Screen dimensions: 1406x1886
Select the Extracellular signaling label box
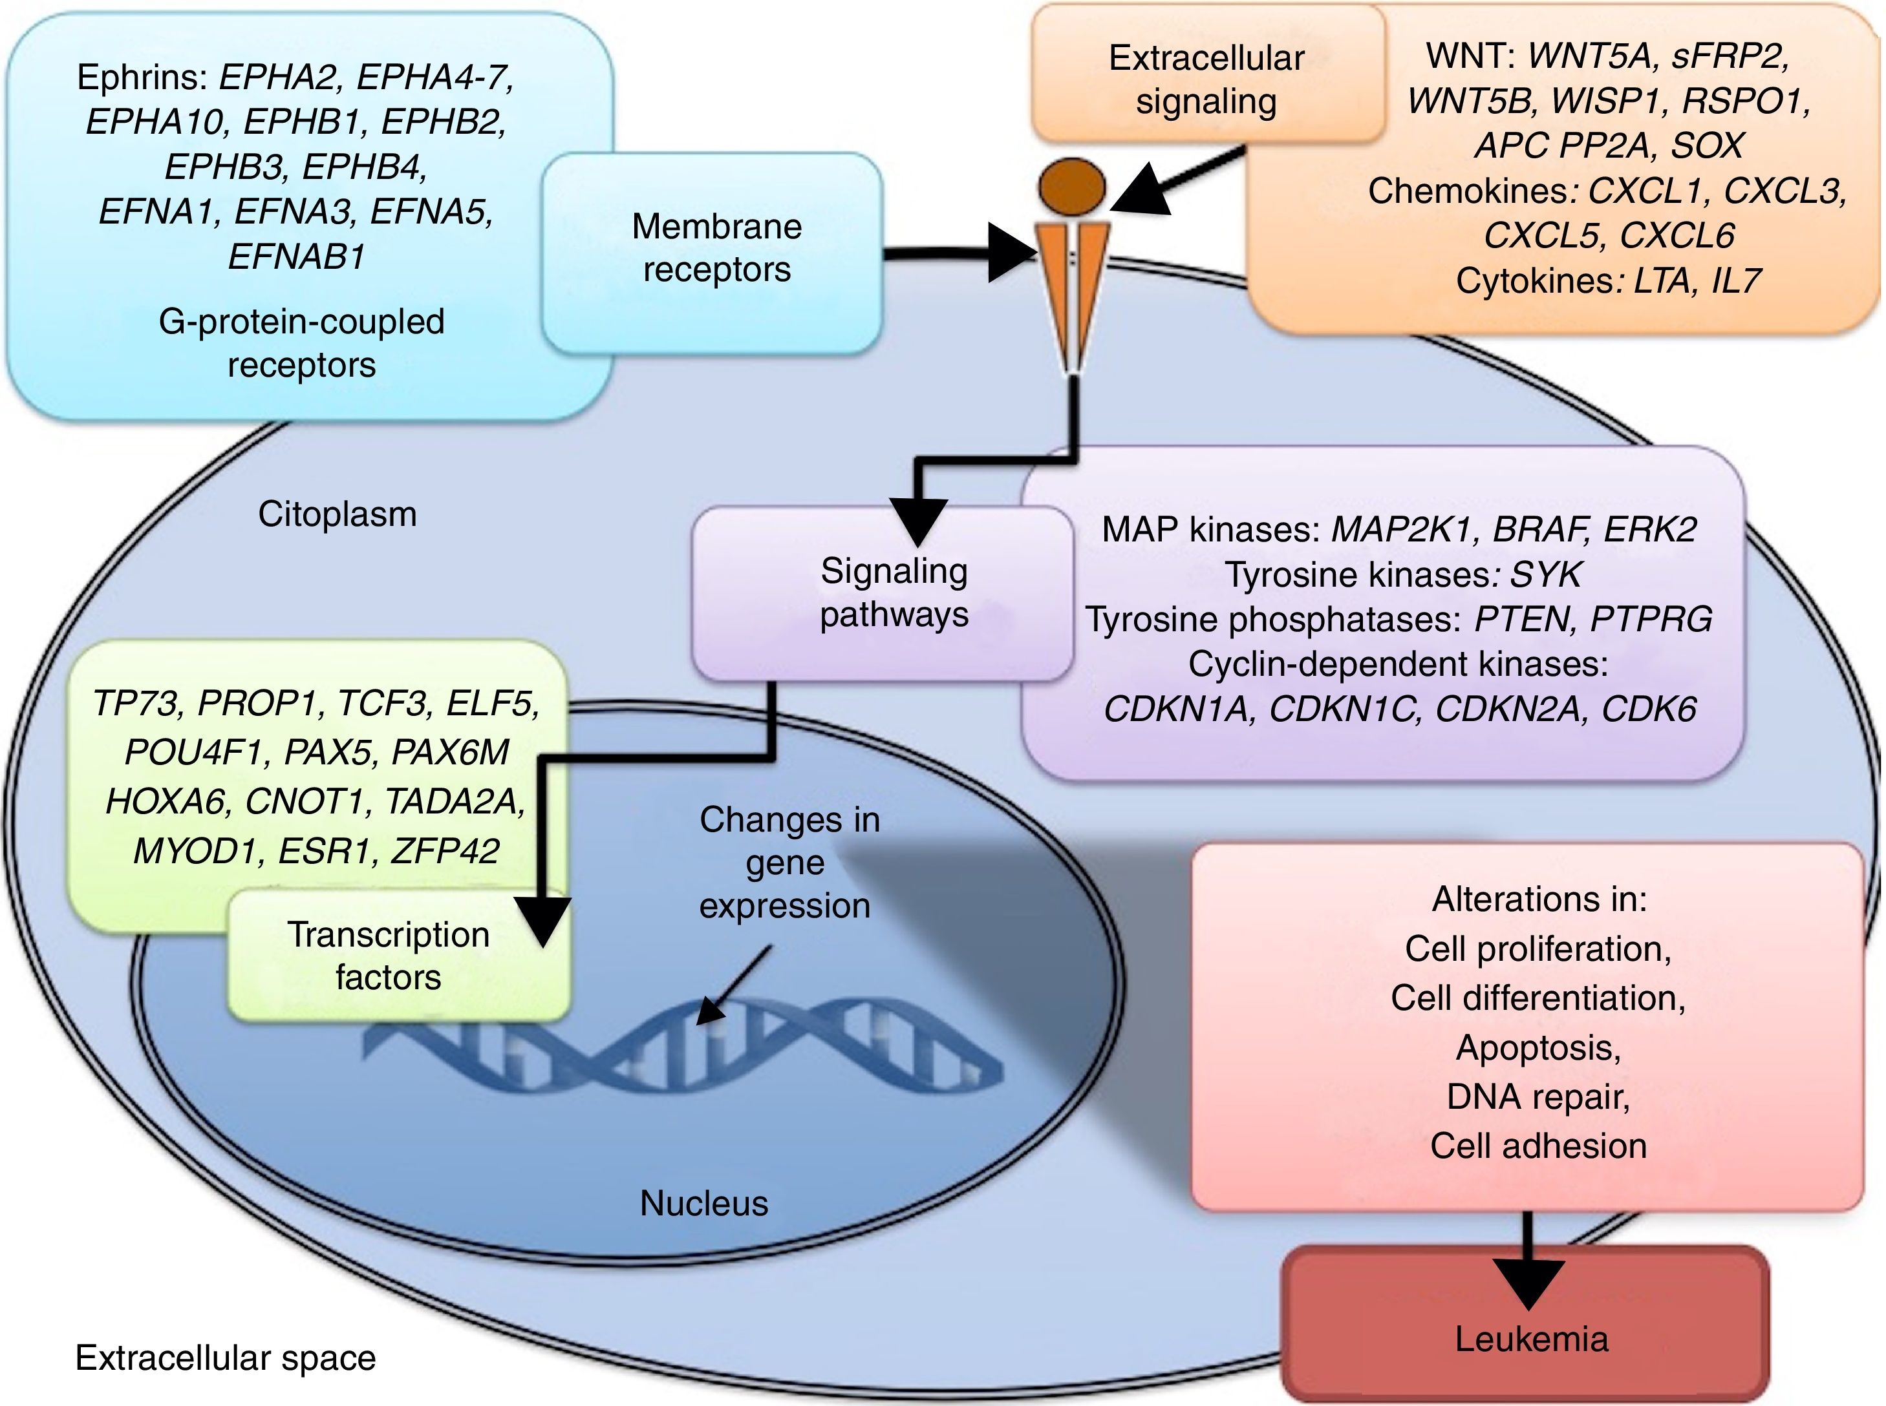click(x=1206, y=78)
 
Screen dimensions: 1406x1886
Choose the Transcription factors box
click(x=389, y=956)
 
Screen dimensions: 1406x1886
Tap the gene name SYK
click(x=1545, y=575)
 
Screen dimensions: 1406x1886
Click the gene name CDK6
click(x=1649, y=709)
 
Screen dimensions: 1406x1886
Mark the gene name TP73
click(x=136, y=704)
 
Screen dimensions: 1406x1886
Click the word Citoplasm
click(x=338, y=514)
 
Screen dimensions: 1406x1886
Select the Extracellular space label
click(x=226, y=1358)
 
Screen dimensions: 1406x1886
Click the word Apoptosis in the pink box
click(x=1537, y=1047)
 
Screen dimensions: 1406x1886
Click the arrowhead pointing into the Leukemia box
click(x=1528, y=1283)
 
